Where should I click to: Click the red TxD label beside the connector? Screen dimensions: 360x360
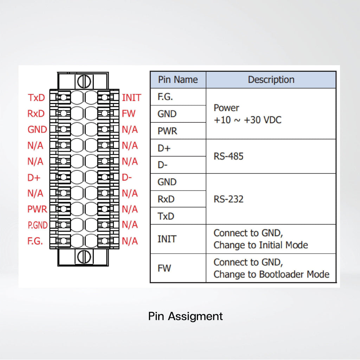36,98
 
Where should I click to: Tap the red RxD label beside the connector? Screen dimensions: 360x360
36,114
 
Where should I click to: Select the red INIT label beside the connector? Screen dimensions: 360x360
131,98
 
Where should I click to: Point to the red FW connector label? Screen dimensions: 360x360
129,114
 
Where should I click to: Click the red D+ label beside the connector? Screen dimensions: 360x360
34,178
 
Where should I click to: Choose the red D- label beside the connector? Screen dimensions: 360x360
127,178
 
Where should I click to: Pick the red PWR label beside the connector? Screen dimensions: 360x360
37,209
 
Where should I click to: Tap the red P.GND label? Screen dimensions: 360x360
38,225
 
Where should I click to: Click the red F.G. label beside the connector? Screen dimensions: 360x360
35,241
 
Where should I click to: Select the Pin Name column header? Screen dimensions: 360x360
178,80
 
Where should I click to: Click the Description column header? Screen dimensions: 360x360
271,80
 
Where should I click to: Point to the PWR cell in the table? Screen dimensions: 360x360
167,131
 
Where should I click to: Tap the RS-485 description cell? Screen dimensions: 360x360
229,156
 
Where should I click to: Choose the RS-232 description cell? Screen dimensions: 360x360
229,199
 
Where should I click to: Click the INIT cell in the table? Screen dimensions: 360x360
167,239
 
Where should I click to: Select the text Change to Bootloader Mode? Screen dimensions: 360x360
271,274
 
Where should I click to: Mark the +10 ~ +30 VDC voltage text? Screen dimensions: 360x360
247,120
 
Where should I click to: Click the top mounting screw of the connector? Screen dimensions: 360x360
84,81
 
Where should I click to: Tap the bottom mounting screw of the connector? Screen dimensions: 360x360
84,257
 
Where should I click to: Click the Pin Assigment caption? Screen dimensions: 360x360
185,316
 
